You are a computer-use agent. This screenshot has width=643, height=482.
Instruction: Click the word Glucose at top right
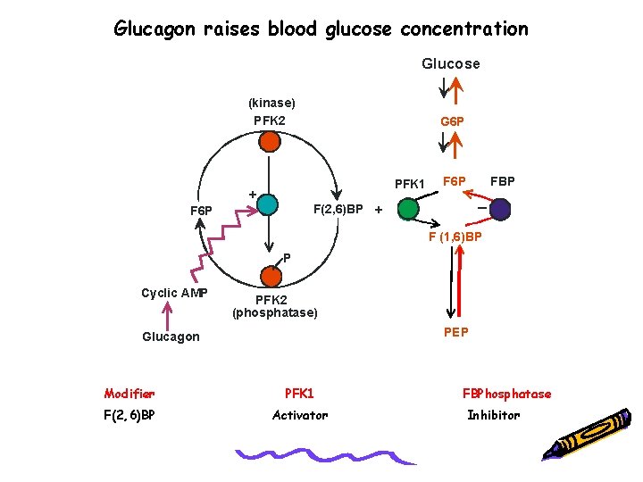[450, 63]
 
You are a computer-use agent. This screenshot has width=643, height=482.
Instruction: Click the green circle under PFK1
[408, 209]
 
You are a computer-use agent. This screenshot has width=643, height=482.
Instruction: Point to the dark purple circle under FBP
[500, 209]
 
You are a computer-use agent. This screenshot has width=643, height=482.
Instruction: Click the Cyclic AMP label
[175, 293]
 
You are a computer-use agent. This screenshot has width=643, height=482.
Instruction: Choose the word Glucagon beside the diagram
[171, 337]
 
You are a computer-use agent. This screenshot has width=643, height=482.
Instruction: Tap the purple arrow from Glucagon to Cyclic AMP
[167, 314]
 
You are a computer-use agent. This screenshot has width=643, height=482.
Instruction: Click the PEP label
[456, 332]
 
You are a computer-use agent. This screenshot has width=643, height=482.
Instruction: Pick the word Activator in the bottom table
[300, 415]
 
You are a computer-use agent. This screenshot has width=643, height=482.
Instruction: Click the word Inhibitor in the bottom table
[494, 415]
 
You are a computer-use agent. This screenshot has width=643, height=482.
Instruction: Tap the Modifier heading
[129, 394]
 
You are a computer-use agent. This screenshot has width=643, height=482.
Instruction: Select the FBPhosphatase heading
[506, 394]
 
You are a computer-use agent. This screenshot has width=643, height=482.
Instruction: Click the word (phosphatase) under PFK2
[275, 313]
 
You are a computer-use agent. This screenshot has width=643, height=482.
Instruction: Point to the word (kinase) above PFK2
[271, 104]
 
